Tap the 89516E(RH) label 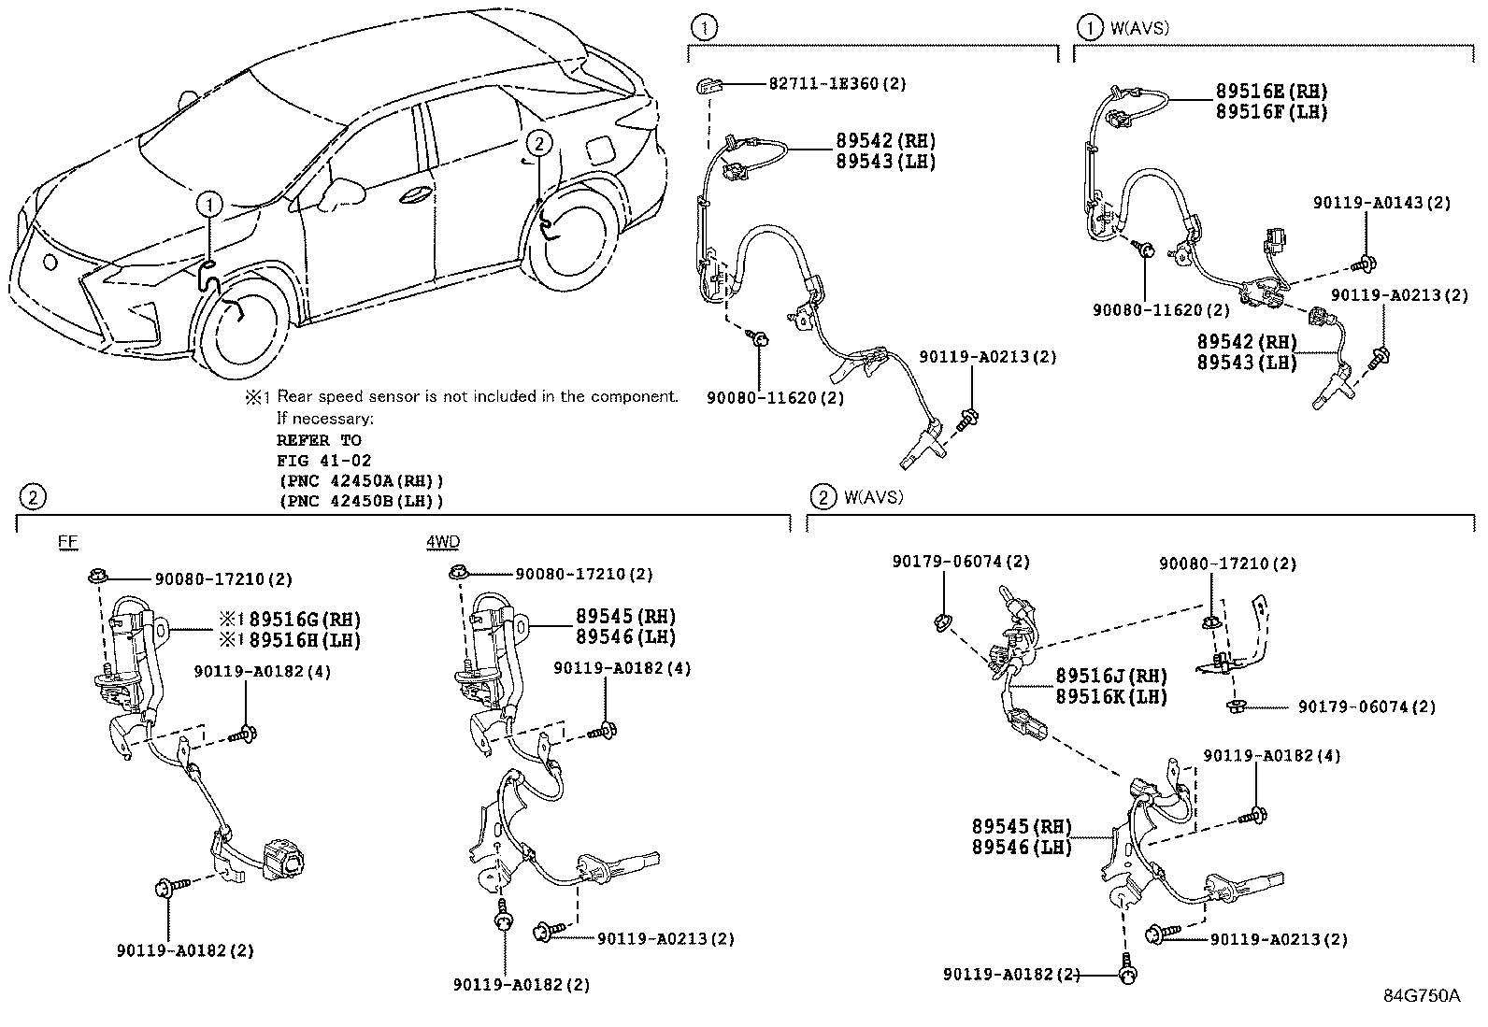(x=1270, y=92)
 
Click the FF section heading (x=67, y=542)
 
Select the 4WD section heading (x=443, y=542)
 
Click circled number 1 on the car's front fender (x=209, y=202)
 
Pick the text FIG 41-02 (x=323, y=460)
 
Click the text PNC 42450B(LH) (x=361, y=501)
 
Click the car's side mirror (x=331, y=193)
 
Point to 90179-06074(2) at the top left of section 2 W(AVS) (x=960, y=562)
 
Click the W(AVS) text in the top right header (x=1138, y=28)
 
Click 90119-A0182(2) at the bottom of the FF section (x=185, y=950)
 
